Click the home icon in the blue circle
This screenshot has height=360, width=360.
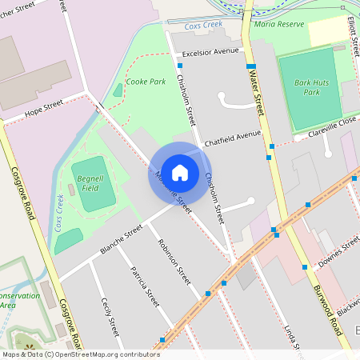pyautogui.click(x=180, y=172)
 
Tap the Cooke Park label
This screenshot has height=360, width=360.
pyautogui.click(x=146, y=81)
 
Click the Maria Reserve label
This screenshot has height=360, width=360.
pyautogui.click(x=280, y=24)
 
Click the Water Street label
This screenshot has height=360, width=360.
pyautogui.click(x=257, y=87)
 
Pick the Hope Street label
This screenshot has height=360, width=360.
pyautogui.click(x=43, y=108)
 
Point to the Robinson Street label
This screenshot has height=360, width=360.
pyautogui.click(x=174, y=262)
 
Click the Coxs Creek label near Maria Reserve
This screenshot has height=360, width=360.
pyautogui.click(x=202, y=26)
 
